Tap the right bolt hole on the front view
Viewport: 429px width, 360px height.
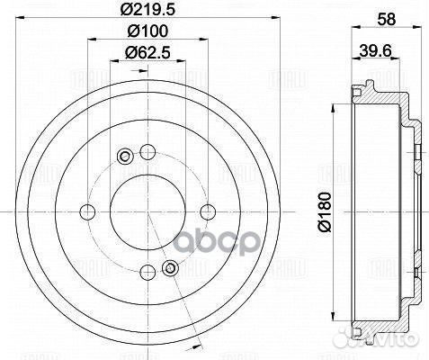[x=208, y=211]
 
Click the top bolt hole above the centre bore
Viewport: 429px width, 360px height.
[x=147, y=151]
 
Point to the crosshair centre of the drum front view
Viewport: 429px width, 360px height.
[x=147, y=211]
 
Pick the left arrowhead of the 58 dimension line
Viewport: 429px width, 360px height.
[x=347, y=35]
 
